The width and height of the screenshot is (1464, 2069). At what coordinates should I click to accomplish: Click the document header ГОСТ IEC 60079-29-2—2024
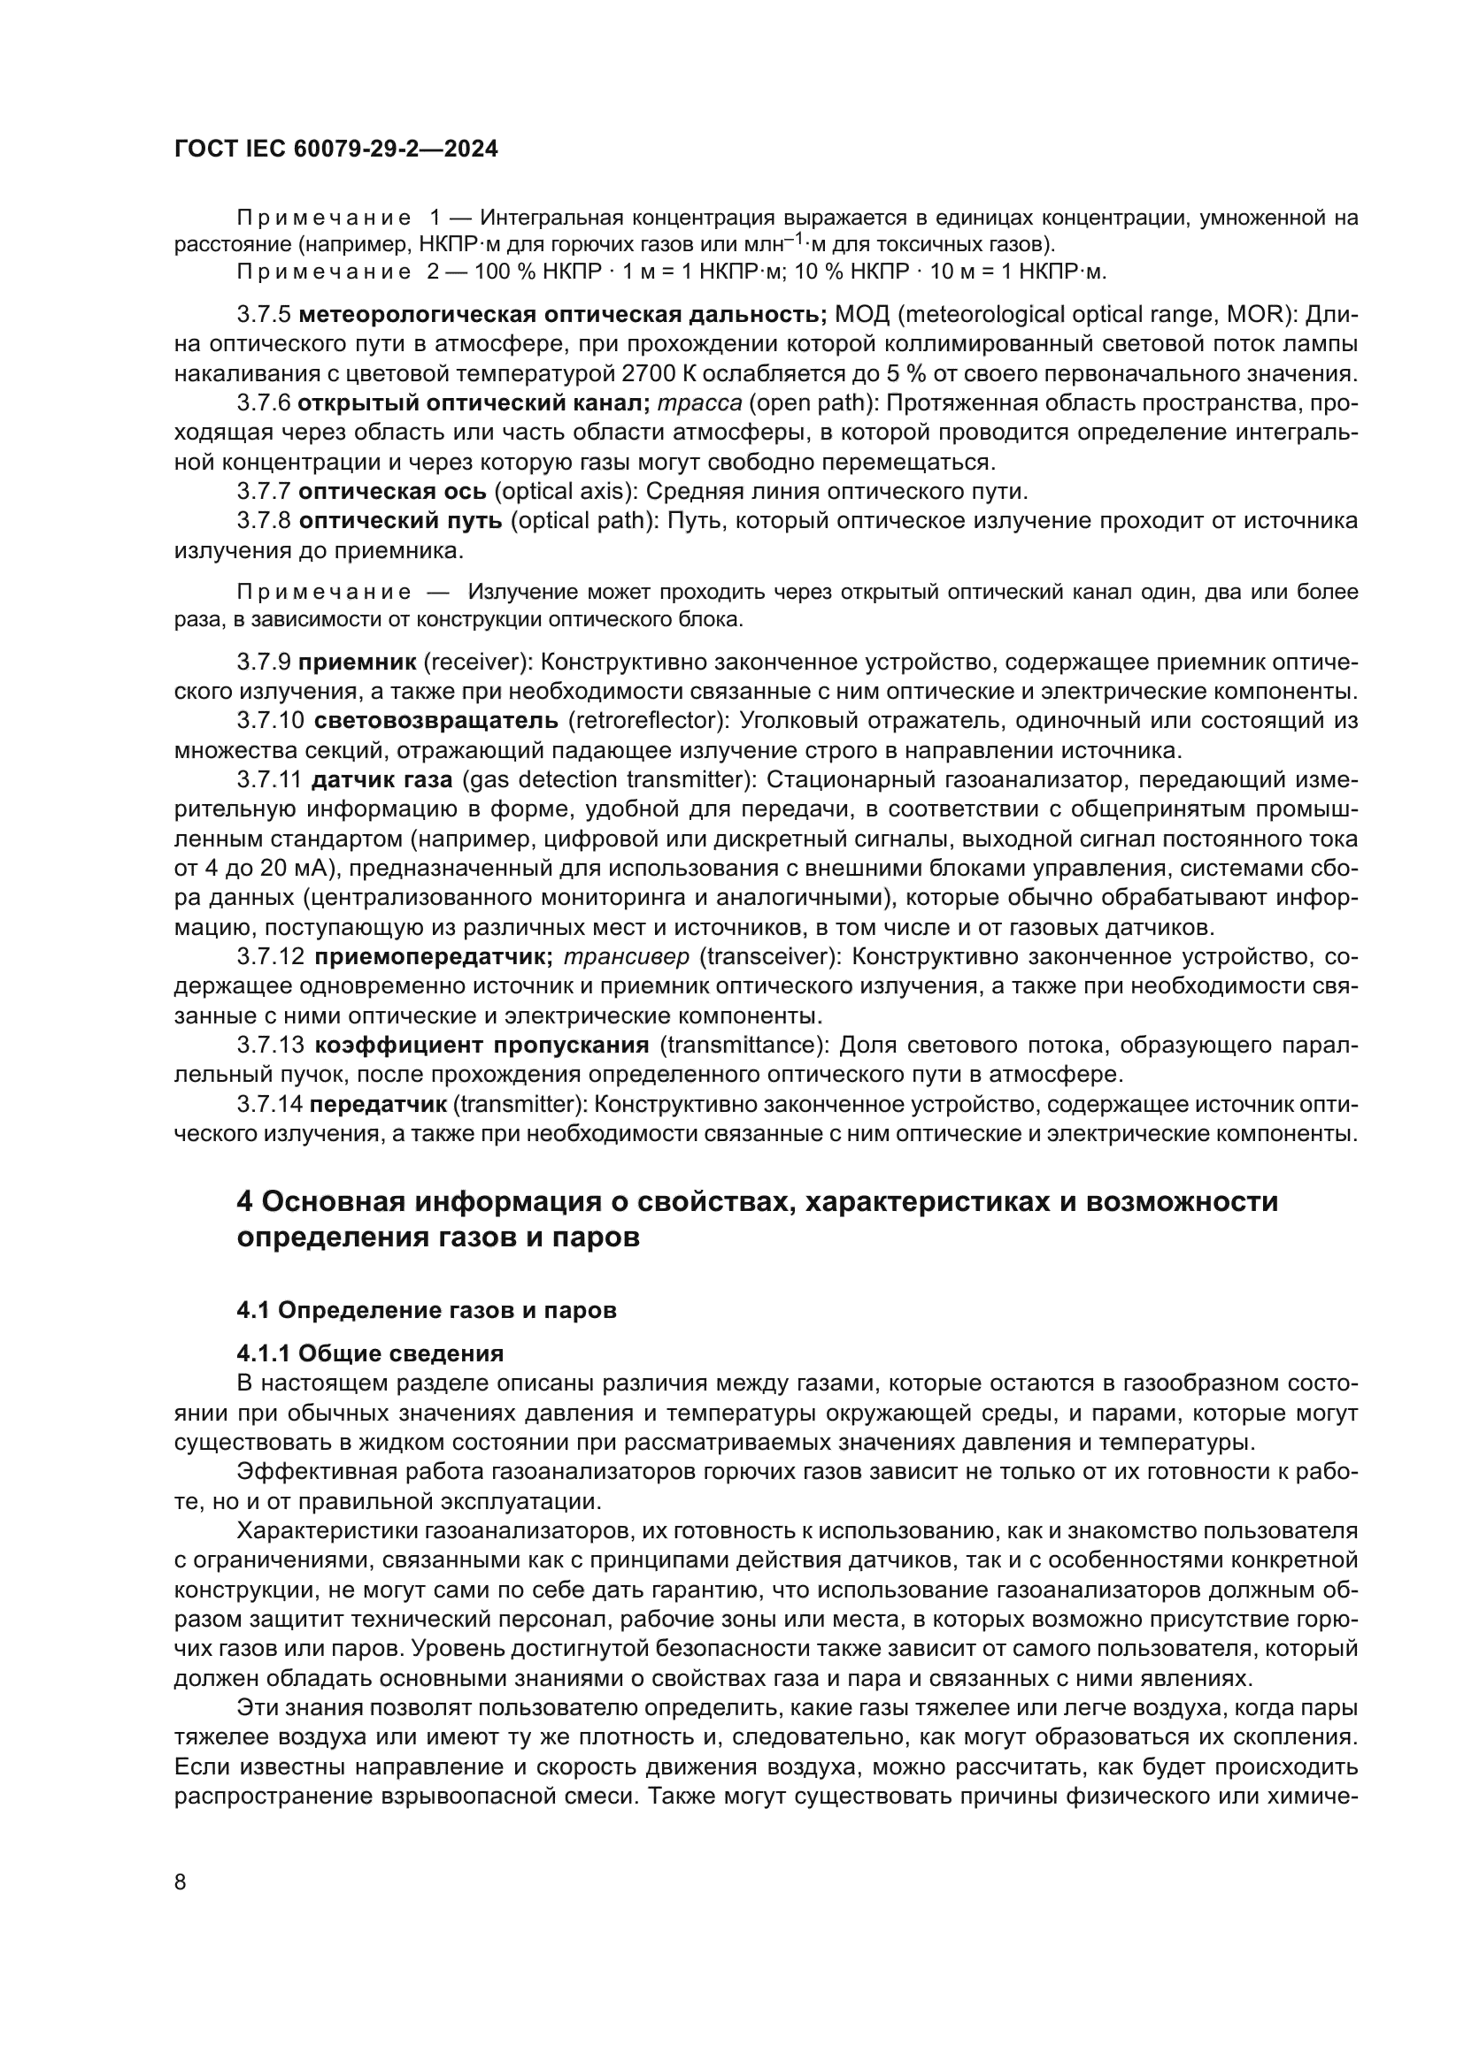pos(335,149)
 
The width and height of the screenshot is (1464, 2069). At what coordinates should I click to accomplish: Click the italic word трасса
pos(699,402)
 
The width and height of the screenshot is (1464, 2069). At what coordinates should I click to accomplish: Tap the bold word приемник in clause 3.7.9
pos(357,663)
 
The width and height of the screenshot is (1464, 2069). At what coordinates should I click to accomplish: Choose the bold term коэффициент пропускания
pos(482,1045)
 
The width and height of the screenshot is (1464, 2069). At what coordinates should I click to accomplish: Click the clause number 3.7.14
pos(269,1104)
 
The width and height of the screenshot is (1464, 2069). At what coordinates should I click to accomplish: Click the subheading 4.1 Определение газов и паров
pos(427,1310)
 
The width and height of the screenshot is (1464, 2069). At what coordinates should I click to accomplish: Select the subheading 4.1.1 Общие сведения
pos(370,1353)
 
